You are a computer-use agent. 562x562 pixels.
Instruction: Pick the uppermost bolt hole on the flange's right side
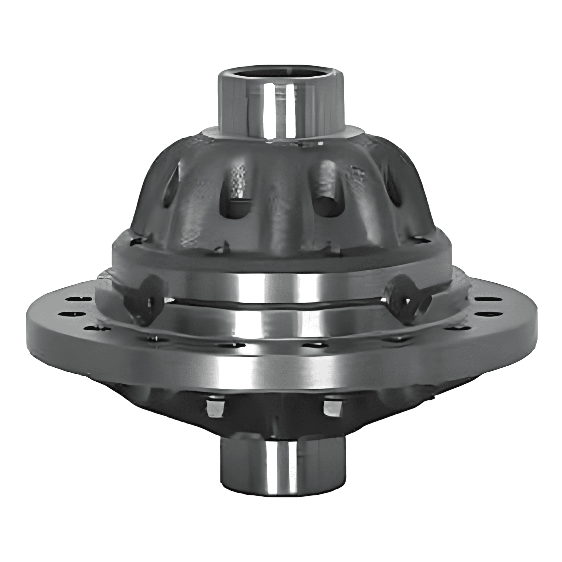tap(482, 299)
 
